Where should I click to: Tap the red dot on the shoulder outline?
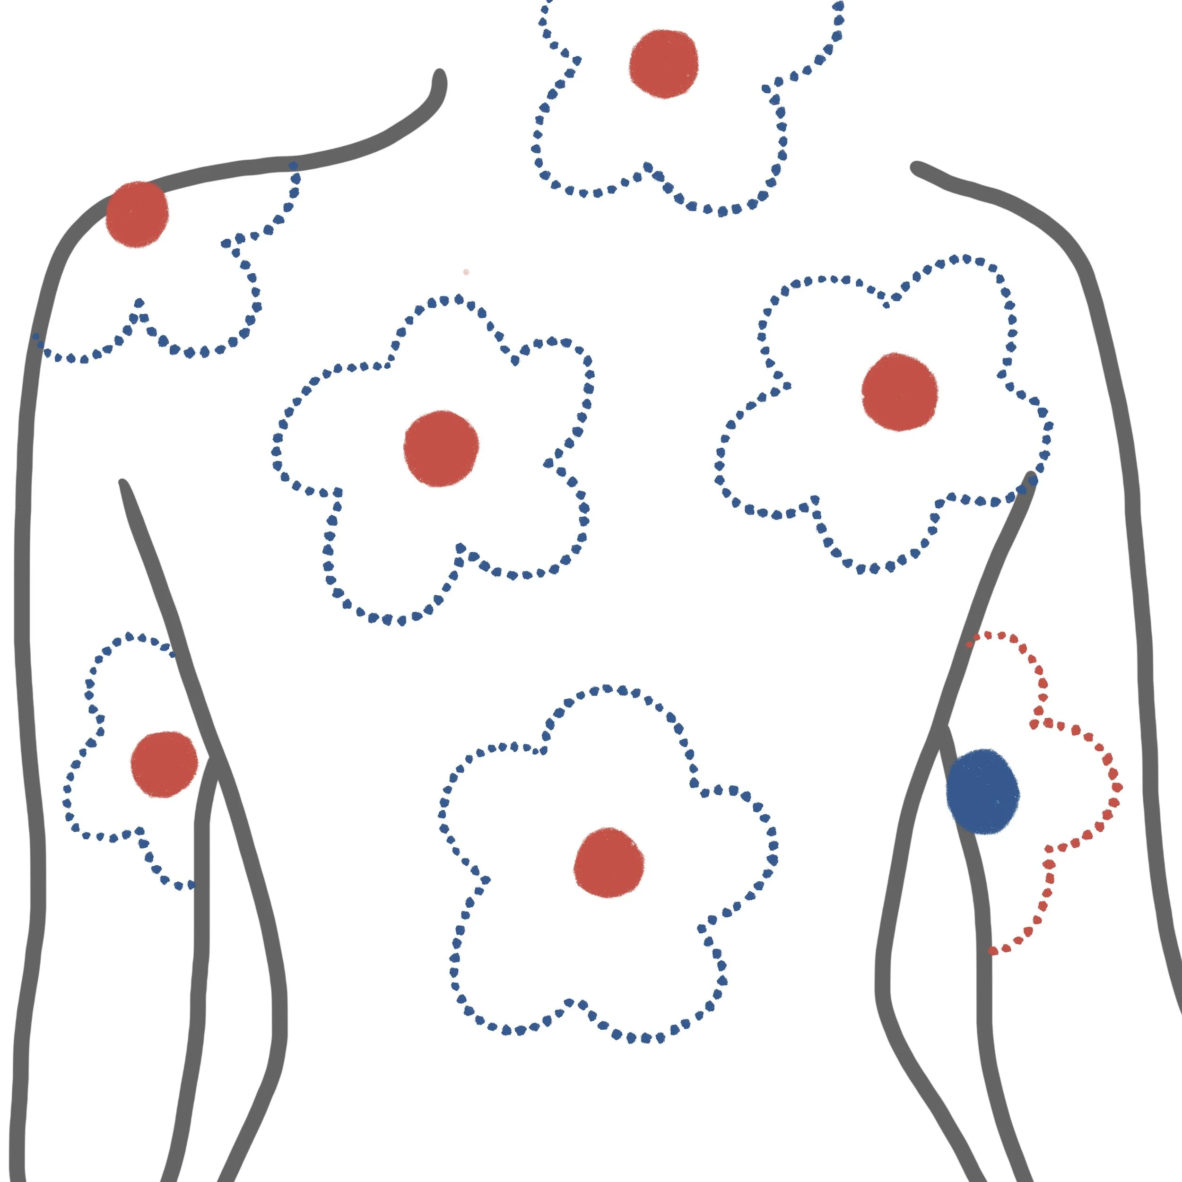pos(137,214)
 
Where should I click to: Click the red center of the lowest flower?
pos(609,863)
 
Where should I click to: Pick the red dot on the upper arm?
pos(164,764)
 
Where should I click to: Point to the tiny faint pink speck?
pos(466,272)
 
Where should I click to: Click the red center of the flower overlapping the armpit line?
pos(899,391)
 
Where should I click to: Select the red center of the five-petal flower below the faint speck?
pos(441,448)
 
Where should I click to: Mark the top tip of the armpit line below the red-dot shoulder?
pos(123,485)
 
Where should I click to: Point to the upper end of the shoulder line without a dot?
pos(916,167)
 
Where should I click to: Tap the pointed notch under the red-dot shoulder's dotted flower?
pos(139,304)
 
